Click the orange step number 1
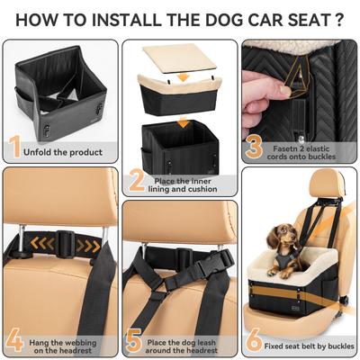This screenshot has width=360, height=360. [x=14, y=148]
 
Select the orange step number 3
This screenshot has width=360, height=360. [x=254, y=146]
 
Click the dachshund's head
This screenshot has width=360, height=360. [x=283, y=237]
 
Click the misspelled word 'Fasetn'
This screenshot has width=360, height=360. [x=284, y=141]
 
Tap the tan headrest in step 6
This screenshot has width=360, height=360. [x=323, y=187]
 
